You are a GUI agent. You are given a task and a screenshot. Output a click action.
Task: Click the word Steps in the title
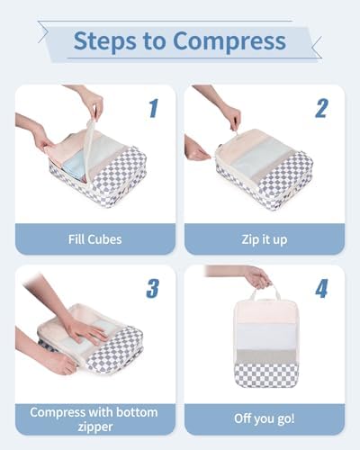coord(104,41)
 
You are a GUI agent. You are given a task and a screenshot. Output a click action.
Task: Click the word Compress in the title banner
coord(229,41)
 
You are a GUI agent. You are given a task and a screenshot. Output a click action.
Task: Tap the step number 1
coord(154,108)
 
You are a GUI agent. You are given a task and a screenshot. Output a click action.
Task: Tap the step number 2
coord(321,108)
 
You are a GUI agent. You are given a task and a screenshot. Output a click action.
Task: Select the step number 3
coord(153,288)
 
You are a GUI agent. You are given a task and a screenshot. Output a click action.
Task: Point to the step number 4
coord(321,289)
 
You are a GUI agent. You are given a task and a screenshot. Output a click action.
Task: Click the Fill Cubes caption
coord(95,239)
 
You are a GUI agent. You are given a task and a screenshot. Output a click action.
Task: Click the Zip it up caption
coord(265,239)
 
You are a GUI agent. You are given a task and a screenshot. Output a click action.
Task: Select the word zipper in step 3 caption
coord(95,427)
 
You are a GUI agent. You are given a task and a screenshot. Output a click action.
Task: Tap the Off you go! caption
coord(265,418)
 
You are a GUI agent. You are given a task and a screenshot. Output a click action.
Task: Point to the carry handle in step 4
coord(265,292)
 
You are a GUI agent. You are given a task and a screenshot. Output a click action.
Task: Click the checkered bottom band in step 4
coord(266,374)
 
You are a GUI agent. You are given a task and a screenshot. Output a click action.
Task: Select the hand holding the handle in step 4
coord(258,277)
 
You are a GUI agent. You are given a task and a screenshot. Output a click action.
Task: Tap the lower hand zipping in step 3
coord(60,364)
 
